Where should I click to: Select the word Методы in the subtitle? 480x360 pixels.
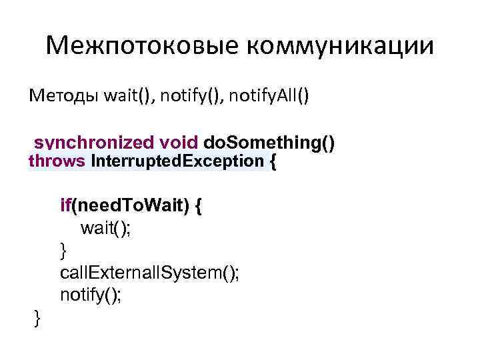(x=64, y=97)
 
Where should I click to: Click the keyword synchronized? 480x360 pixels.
(x=95, y=143)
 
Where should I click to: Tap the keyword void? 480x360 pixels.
(x=179, y=143)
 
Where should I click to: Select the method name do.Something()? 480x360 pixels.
(x=269, y=143)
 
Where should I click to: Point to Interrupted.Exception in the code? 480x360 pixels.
(x=177, y=161)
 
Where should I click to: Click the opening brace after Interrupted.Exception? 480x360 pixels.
(x=271, y=161)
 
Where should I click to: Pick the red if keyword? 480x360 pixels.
(x=65, y=207)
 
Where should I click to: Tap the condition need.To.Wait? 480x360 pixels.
(x=133, y=207)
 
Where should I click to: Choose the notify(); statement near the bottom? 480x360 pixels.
(x=91, y=295)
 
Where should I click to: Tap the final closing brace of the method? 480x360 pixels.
(x=37, y=318)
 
